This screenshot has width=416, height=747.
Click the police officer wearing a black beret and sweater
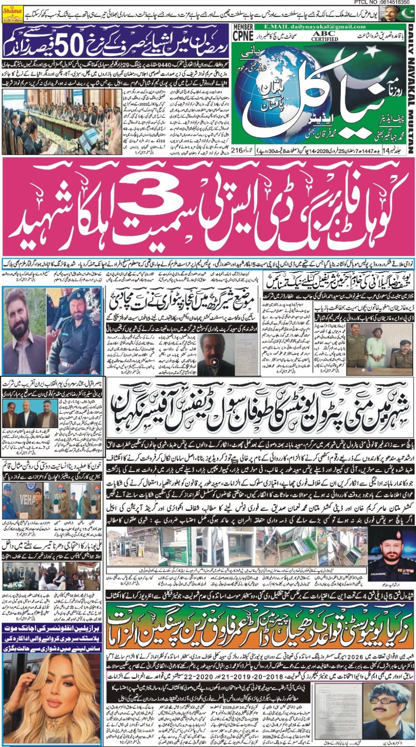74,330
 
